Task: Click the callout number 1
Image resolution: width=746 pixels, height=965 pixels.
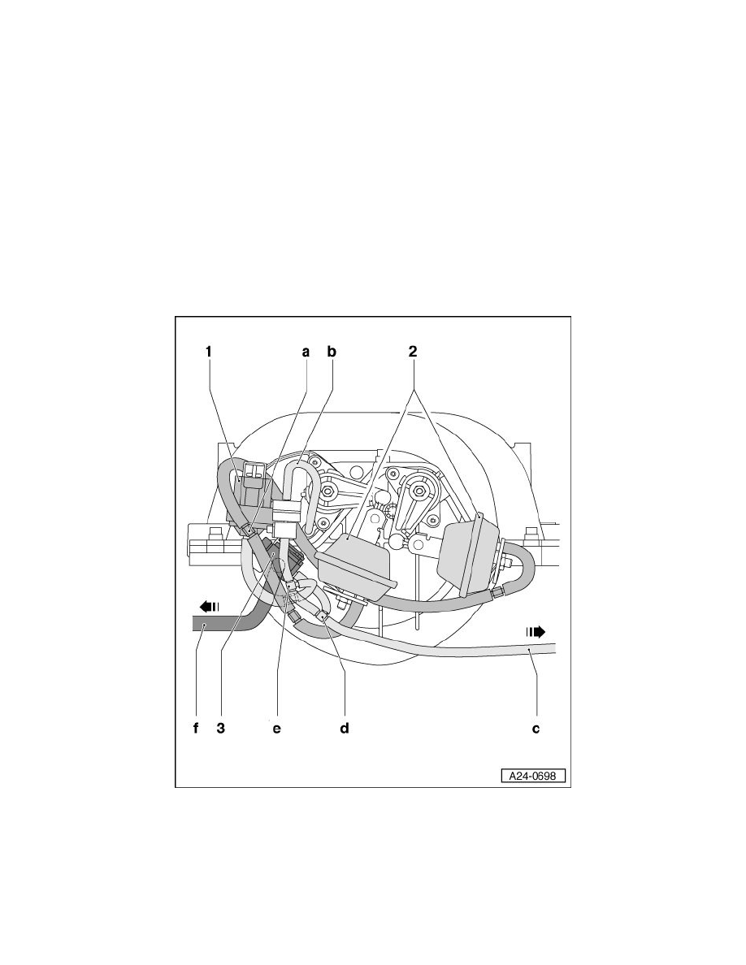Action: (209, 352)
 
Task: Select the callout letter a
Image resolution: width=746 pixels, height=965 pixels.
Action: (306, 352)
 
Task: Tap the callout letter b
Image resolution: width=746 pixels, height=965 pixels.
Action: (332, 352)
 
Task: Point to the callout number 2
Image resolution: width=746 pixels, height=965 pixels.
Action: (413, 352)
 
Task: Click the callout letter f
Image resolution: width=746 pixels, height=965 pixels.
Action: (196, 729)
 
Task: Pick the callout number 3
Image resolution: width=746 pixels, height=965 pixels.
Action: (220, 729)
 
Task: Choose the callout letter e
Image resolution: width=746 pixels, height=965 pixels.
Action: (276, 729)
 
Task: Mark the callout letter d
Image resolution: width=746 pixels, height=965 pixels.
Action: (344, 729)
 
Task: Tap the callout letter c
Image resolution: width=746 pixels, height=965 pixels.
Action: (536, 729)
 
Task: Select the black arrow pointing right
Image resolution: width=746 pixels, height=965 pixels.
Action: (535, 630)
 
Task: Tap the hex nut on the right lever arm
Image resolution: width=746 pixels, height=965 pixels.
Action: (420, 491)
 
